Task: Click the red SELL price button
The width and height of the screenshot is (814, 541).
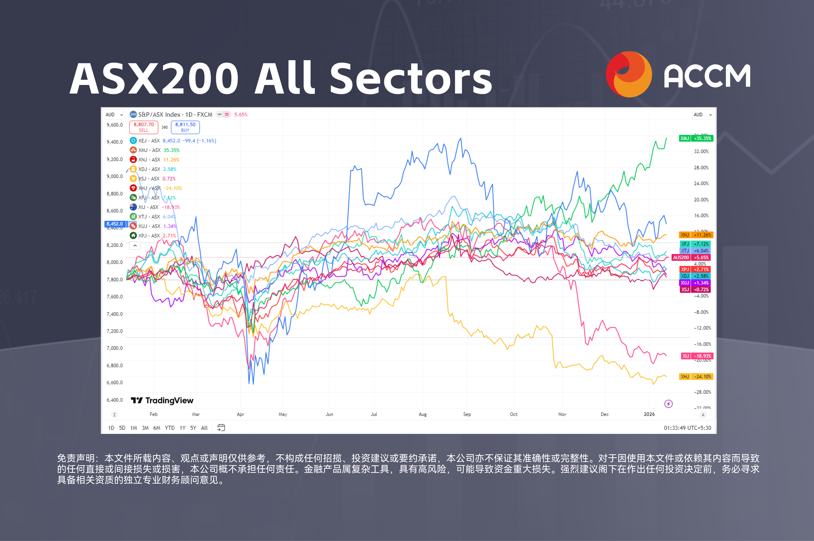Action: [144, 127]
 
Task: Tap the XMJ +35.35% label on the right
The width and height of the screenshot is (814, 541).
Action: [696, 138]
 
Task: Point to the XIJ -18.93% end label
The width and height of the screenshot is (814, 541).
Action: [697, 356]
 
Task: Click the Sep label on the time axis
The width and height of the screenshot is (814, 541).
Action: [467, 414]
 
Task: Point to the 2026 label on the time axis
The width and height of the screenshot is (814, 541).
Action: [649, 414]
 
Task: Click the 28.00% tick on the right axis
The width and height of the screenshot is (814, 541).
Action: [701, 168]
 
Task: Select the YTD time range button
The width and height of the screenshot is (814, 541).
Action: [170, 428]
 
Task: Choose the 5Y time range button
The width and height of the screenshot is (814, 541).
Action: [193, 428]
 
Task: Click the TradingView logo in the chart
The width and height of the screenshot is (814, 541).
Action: [162, 400]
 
